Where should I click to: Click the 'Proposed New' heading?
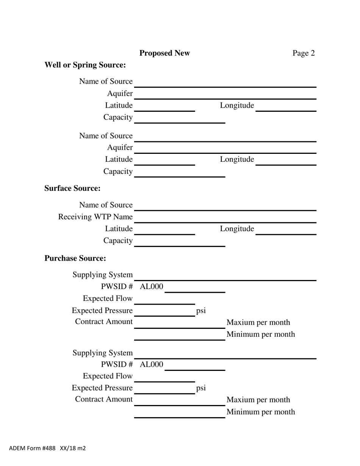[x=164, y=53]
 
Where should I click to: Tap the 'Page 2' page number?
[x=303, y=53]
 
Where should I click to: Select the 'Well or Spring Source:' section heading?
[x=85, y=65]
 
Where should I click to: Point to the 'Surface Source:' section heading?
[x=72, y=188]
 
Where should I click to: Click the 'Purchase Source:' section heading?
[x=75, y=258]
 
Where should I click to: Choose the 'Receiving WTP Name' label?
[x=95, y=217]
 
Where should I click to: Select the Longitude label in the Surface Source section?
[x=237, y=228]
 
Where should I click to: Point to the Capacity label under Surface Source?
[x=118, y=241]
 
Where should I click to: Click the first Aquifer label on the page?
[x=120, y=94]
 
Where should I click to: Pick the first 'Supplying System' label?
[x=103, y=275]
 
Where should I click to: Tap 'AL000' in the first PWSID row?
[x=152, y=287]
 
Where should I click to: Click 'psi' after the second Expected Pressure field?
[x=201, y=388]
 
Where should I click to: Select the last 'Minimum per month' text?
[x=260, y=412]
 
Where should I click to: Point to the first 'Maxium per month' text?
[x=258, y=322]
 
